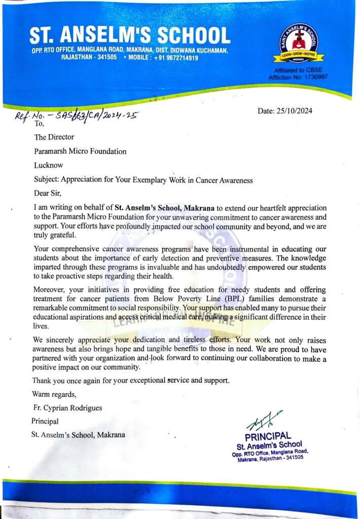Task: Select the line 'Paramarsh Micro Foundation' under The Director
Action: [x=80, y=151]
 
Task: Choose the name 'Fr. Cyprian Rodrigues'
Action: [x=67, y=407]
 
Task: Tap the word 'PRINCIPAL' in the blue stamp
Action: [x=268, y=436]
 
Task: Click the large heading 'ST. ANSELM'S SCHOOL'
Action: [x=129, y=35]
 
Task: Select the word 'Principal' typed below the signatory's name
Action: [x=45, y=421]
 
